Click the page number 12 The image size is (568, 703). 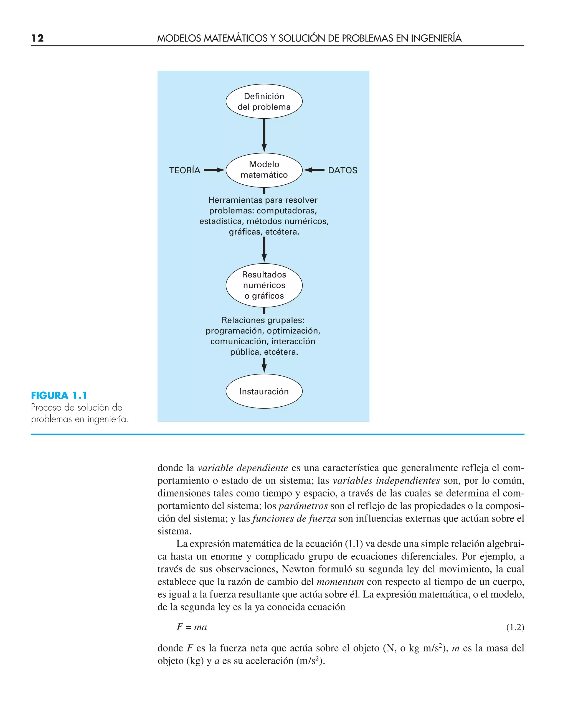tap(38, 38)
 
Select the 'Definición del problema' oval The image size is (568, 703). tap(264, 101)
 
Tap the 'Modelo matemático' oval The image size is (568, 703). tap(264, 170)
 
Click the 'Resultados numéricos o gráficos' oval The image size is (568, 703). tap(264, 285)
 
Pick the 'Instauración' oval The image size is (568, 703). tap(264, 391)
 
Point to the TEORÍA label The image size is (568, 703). tap(184, 170)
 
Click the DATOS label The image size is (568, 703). tap(343, 170)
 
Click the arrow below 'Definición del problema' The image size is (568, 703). tap(264, 135)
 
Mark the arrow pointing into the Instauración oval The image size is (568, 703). tap(264, 366)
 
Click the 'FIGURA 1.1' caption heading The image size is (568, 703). tap(59, 396)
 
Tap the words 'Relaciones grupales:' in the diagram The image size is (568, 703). tap(263, 320)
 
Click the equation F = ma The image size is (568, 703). tap(192, 627)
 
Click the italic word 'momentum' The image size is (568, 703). tap(340, 582)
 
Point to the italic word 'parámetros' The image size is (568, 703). tap(303, 506)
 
